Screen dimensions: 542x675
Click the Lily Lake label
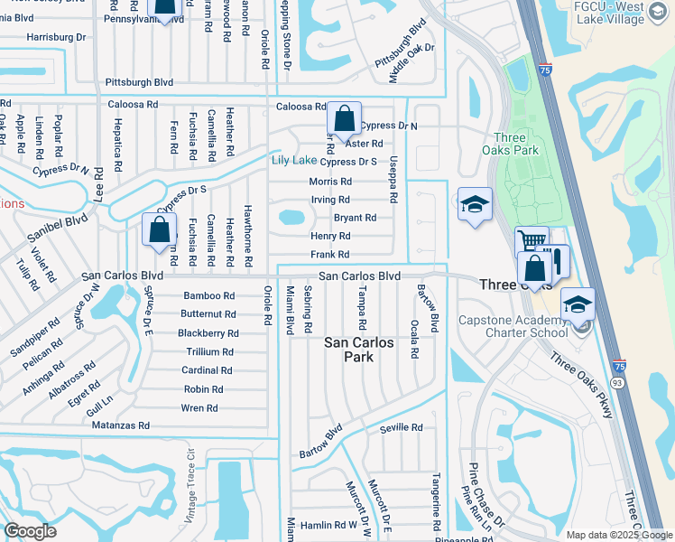[x=293, y=161]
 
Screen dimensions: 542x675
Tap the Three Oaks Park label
[x=525, y=150]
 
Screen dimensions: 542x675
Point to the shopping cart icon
[x=531, y=242]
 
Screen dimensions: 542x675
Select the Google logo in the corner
[x=30, y=530]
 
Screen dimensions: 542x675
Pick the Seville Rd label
[x=401, y=428]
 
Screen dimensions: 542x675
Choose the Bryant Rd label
[x=355, y=218]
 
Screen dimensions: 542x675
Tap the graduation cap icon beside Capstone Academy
[x=578, y=304]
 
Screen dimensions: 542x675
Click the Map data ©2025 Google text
[x=618, y=535]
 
